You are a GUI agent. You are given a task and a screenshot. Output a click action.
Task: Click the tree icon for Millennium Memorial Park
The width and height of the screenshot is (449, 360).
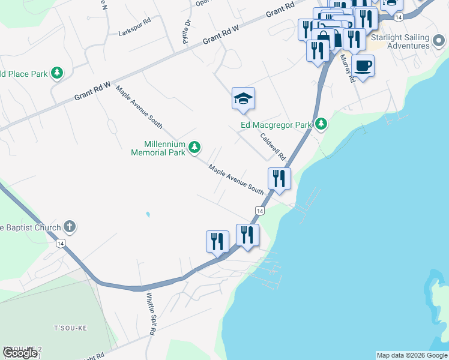pos(194,147)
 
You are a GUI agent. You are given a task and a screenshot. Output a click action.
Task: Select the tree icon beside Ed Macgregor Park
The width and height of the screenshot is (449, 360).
pos(322,124)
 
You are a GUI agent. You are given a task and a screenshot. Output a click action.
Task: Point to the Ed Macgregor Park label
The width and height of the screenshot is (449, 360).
pos(276,125)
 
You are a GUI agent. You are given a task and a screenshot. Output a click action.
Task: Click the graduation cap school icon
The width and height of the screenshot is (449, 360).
pos(243,98)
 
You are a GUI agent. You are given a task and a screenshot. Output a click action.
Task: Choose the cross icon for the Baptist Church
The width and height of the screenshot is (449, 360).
pos(70,227)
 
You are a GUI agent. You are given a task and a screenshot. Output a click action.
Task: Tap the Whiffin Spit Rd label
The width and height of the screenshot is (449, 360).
pos(151,313)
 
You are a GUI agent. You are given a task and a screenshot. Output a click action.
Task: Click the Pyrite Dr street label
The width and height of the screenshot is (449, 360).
pos(186,32)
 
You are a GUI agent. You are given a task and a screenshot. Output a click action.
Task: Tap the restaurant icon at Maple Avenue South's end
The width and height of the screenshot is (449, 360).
pos(280,178)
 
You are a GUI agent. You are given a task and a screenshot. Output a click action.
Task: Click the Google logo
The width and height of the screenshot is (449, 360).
pos(19,353)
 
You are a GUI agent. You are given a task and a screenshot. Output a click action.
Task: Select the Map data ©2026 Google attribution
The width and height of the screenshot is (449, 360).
pos(412,355)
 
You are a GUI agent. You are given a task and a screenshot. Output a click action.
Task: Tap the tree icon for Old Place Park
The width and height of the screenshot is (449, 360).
pos(58,73)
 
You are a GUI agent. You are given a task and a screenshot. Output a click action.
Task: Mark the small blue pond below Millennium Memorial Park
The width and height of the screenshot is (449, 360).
pos(148,214)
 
